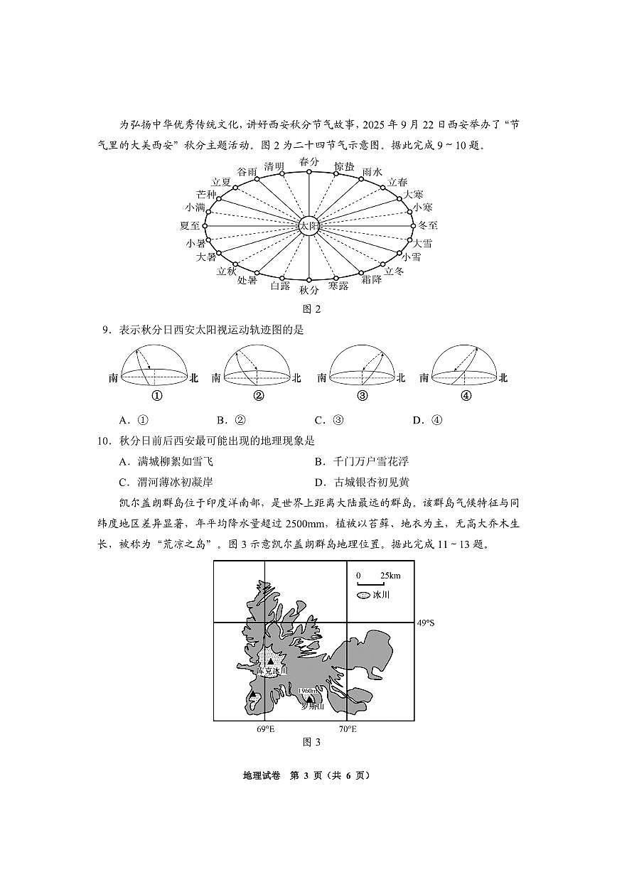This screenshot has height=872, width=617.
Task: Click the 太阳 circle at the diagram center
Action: pyautogui.click(x=309, y=227)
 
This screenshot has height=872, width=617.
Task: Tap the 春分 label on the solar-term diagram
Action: pyautogui.click(x=309, y=162)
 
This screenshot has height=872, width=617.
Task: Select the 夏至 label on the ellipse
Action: pyautogui.click(x=191, y=226)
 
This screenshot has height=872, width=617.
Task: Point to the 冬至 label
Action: pyautogui.click(x=428, y=226)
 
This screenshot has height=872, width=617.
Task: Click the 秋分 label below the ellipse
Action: pyautogui.click(x=309, y=290)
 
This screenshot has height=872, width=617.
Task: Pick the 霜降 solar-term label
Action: pyautogui.click(x=371, y=280)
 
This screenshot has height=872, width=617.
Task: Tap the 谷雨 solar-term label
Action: pyautogui.click(x=247, y=172)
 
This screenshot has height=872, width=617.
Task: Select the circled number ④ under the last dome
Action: pyautogui.click(x=466, y=397)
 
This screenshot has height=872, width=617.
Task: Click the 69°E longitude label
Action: pyautogui.click(x=265, y=729)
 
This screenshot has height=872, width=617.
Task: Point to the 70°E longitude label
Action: pyautogui.click(x=347, y=729)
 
